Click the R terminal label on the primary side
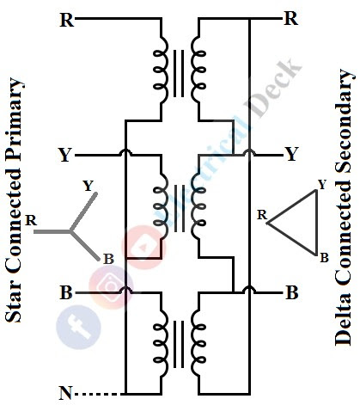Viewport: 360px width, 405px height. [x=66, y=19]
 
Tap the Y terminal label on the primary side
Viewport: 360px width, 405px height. [x=65, y=156]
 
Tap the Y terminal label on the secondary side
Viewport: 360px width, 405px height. [x=291, y=155]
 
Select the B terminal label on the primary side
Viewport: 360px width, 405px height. [x=65, y=292]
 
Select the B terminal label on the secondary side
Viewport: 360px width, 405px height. [x=291, y=292]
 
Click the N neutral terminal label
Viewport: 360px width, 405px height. [x=65, y=394]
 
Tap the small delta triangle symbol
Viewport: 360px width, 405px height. [x=296, y=222]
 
